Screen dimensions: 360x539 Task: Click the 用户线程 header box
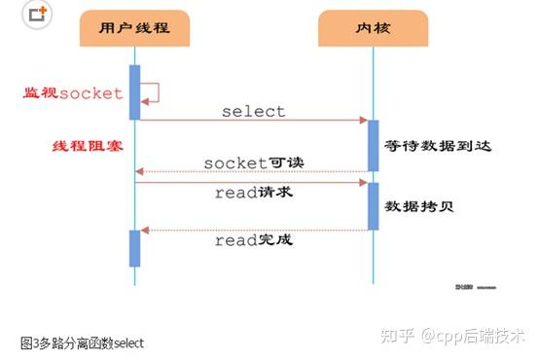click(x=134, y=28)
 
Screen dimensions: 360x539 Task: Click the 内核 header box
click(x=373, y=28)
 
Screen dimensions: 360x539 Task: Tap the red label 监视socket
click(x=73, y=93)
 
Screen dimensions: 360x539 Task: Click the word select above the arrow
click(x=253, y=111)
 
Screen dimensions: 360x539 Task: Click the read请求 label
click(x=253, y=193)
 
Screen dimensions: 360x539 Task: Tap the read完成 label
click(x=253, y=239)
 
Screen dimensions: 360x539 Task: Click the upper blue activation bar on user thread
click(x=134, y=92)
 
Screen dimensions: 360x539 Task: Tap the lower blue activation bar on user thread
click(x=134, y=248)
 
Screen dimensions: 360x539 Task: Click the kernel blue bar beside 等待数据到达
click(x=373, y=145)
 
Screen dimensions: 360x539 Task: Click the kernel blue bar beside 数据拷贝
click(x=373, y=205)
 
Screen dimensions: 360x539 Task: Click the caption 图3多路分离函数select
click(x=82, y=343)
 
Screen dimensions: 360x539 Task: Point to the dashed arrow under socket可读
click(x=253, y=172)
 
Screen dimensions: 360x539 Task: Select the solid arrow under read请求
click(x=253, y=182)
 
